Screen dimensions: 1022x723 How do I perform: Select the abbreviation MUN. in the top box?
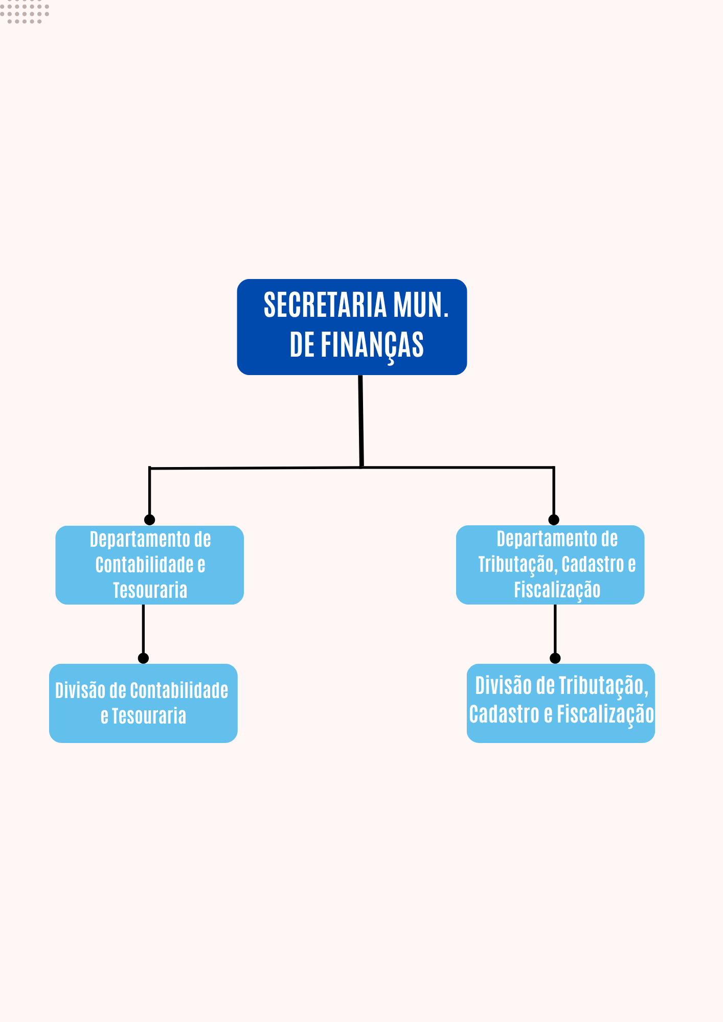coord(421,306)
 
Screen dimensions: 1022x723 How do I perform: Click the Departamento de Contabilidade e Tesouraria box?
coord(149,565)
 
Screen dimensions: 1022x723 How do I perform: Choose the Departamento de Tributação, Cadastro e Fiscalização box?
coord(550,565)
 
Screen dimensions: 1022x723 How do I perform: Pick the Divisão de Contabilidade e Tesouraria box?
coord(143,703)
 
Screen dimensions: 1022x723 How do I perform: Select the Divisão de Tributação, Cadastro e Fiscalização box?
coord(560,703)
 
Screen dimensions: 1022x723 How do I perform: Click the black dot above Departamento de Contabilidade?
coord(149,520)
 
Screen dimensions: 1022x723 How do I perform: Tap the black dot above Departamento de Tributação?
coord(554,520)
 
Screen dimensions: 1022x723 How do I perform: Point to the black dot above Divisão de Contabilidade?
coord(143,658)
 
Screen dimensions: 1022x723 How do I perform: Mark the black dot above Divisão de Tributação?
coord(555,658)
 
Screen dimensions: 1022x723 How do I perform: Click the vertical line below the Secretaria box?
coord(361,419)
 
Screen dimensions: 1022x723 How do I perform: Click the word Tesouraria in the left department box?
coord(150,591)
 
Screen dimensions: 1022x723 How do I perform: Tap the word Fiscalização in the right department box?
coord(557,590)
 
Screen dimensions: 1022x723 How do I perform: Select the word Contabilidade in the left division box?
coord(179,691)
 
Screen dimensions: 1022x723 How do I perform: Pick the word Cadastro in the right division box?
coord(504,714)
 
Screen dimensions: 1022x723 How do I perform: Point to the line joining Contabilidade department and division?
coord(143,631)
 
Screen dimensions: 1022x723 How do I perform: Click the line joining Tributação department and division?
coord(555,631)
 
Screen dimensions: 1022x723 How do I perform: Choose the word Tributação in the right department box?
coord(517,565)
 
